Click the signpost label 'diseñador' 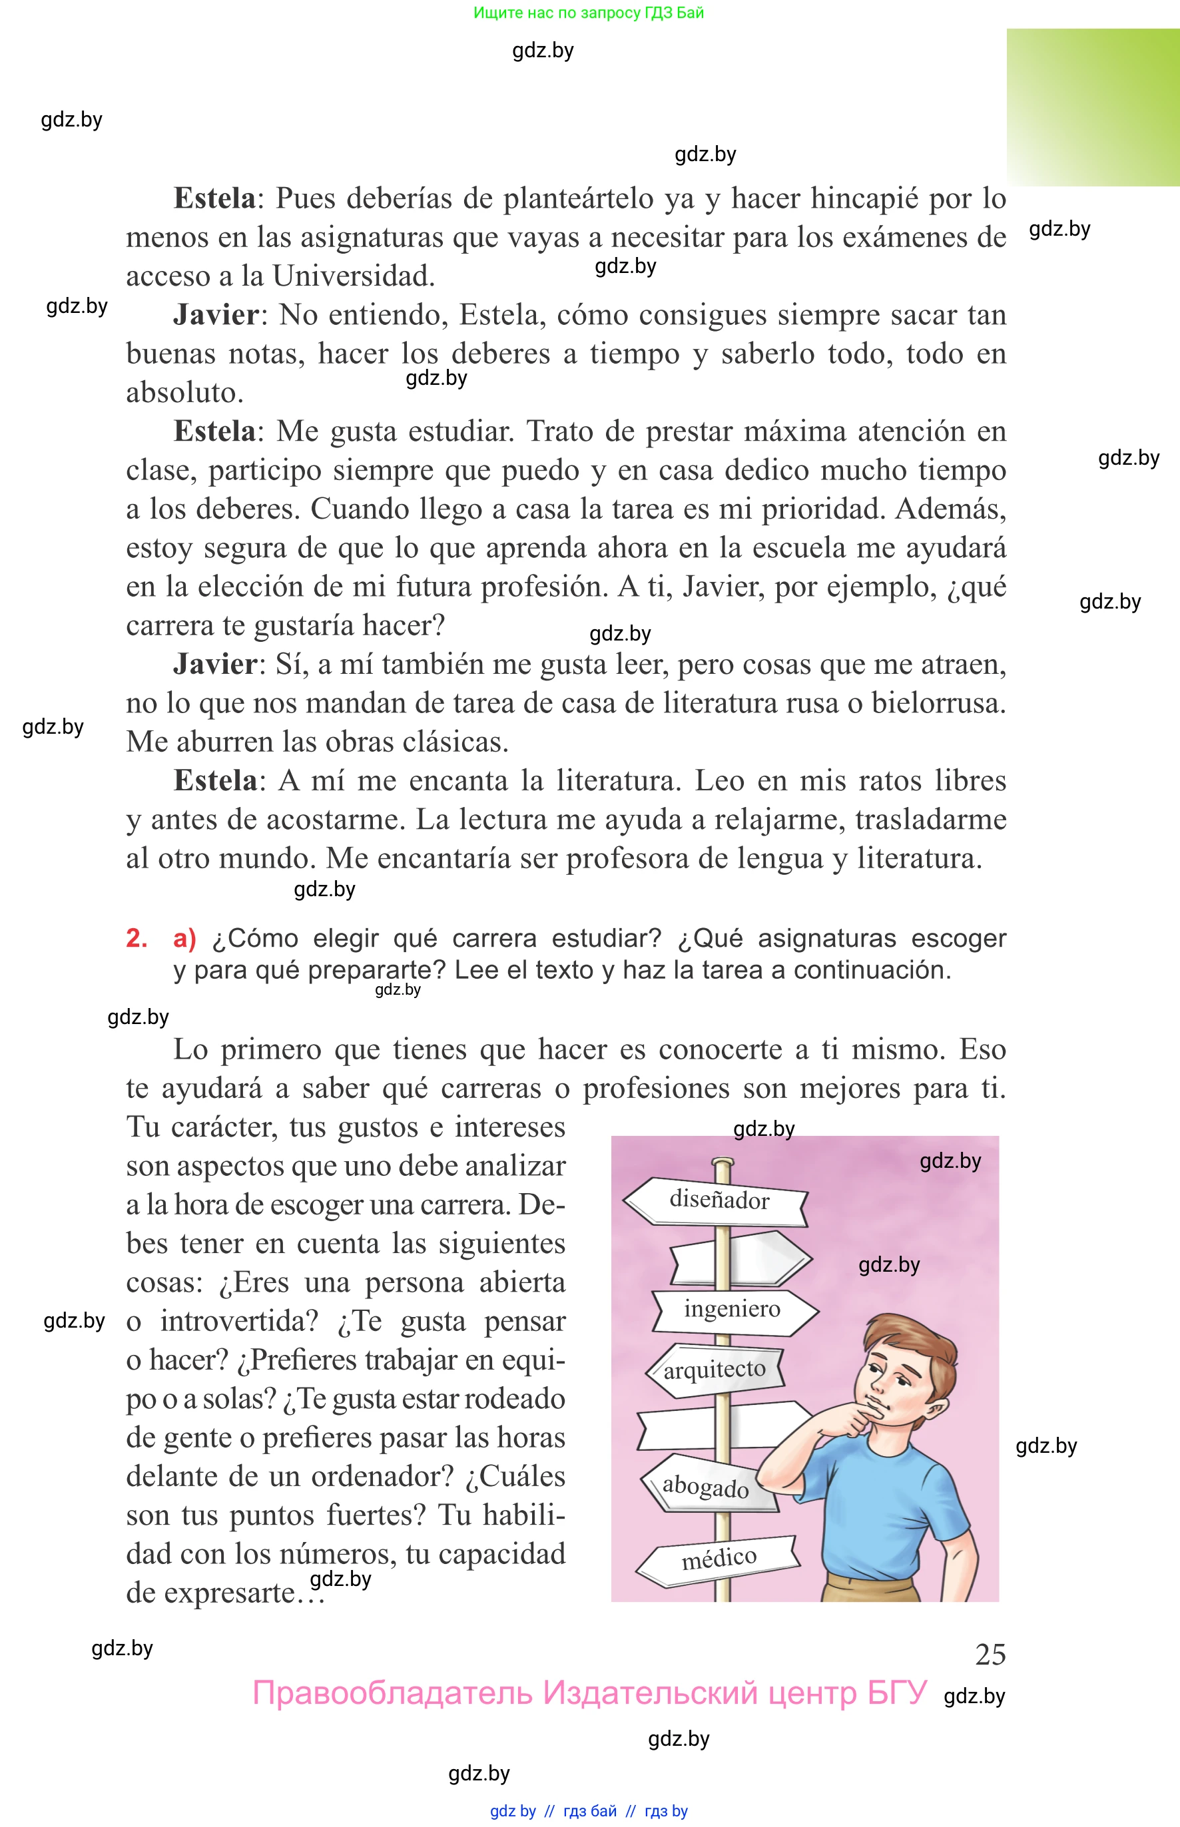click(718, 1200)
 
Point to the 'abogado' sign click(705, 1486)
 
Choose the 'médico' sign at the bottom click(719, 1558)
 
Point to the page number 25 click(990, 1655)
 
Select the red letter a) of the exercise click(184, 937)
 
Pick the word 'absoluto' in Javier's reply click(184, 393)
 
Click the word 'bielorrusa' click(938, 703)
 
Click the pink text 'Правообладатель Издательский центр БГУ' click(589, 1693)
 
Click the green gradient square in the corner click(1093, 107)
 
